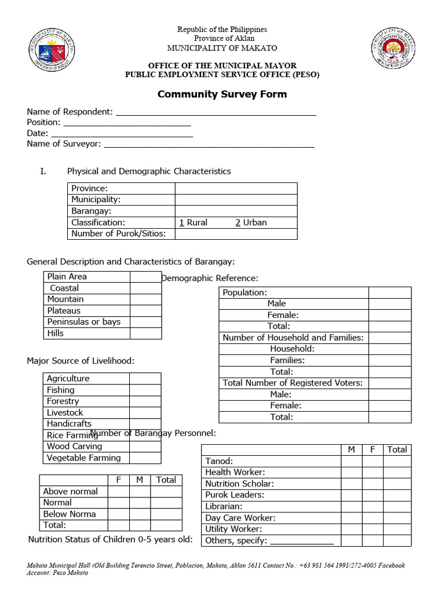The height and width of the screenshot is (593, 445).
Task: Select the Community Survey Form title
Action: click(x=222, y=94)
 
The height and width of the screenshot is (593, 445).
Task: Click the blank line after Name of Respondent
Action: click(x=216, y=112)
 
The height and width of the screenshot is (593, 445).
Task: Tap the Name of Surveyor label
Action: click(x=64, y=144)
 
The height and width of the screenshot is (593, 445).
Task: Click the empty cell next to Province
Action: click(x=236, y=188)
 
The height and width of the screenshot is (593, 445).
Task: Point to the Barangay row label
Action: click(x=91, y=211)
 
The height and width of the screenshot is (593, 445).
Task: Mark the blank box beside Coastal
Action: click(x=145, y=288)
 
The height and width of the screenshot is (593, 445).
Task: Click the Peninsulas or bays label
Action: click(x=84, y=322)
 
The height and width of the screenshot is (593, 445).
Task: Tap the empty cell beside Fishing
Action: click(x=145, y=390)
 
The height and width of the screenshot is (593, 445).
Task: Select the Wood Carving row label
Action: click(x=74, y=446)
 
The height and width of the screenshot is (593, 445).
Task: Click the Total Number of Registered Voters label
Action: click(x=293, y=383)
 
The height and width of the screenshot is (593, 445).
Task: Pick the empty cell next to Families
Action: click(x=389, y=360)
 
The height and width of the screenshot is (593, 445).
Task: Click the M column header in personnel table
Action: click(x=351, y=449)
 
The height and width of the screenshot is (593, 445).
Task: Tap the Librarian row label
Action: click(x=224, y=506)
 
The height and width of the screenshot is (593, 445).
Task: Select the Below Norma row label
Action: click(x=70, y=514)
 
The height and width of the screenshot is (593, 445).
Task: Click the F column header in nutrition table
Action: click(x=118, y=480)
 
